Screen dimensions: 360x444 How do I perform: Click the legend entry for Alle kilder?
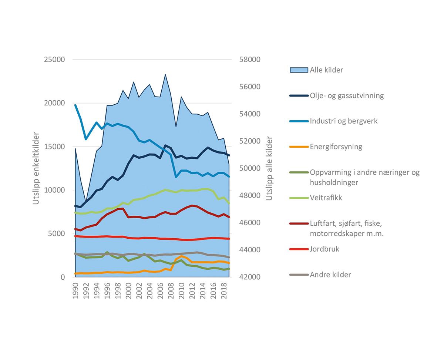(326, 70)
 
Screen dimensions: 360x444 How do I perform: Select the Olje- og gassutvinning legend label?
(347, 95)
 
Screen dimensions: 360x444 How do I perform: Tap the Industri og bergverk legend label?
(344, 121)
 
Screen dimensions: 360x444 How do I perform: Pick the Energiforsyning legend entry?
(336, 147)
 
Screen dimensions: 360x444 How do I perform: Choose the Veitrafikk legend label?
(326, 198)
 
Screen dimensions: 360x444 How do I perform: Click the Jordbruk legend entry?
(324, 249)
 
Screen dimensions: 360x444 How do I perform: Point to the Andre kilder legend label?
(330, 275)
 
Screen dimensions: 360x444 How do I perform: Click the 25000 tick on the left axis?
(54, 60)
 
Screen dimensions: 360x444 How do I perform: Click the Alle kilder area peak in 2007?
(165, 75)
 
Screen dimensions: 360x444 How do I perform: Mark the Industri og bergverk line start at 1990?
(75, 105)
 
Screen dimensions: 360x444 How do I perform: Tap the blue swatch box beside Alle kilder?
(299, 70)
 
